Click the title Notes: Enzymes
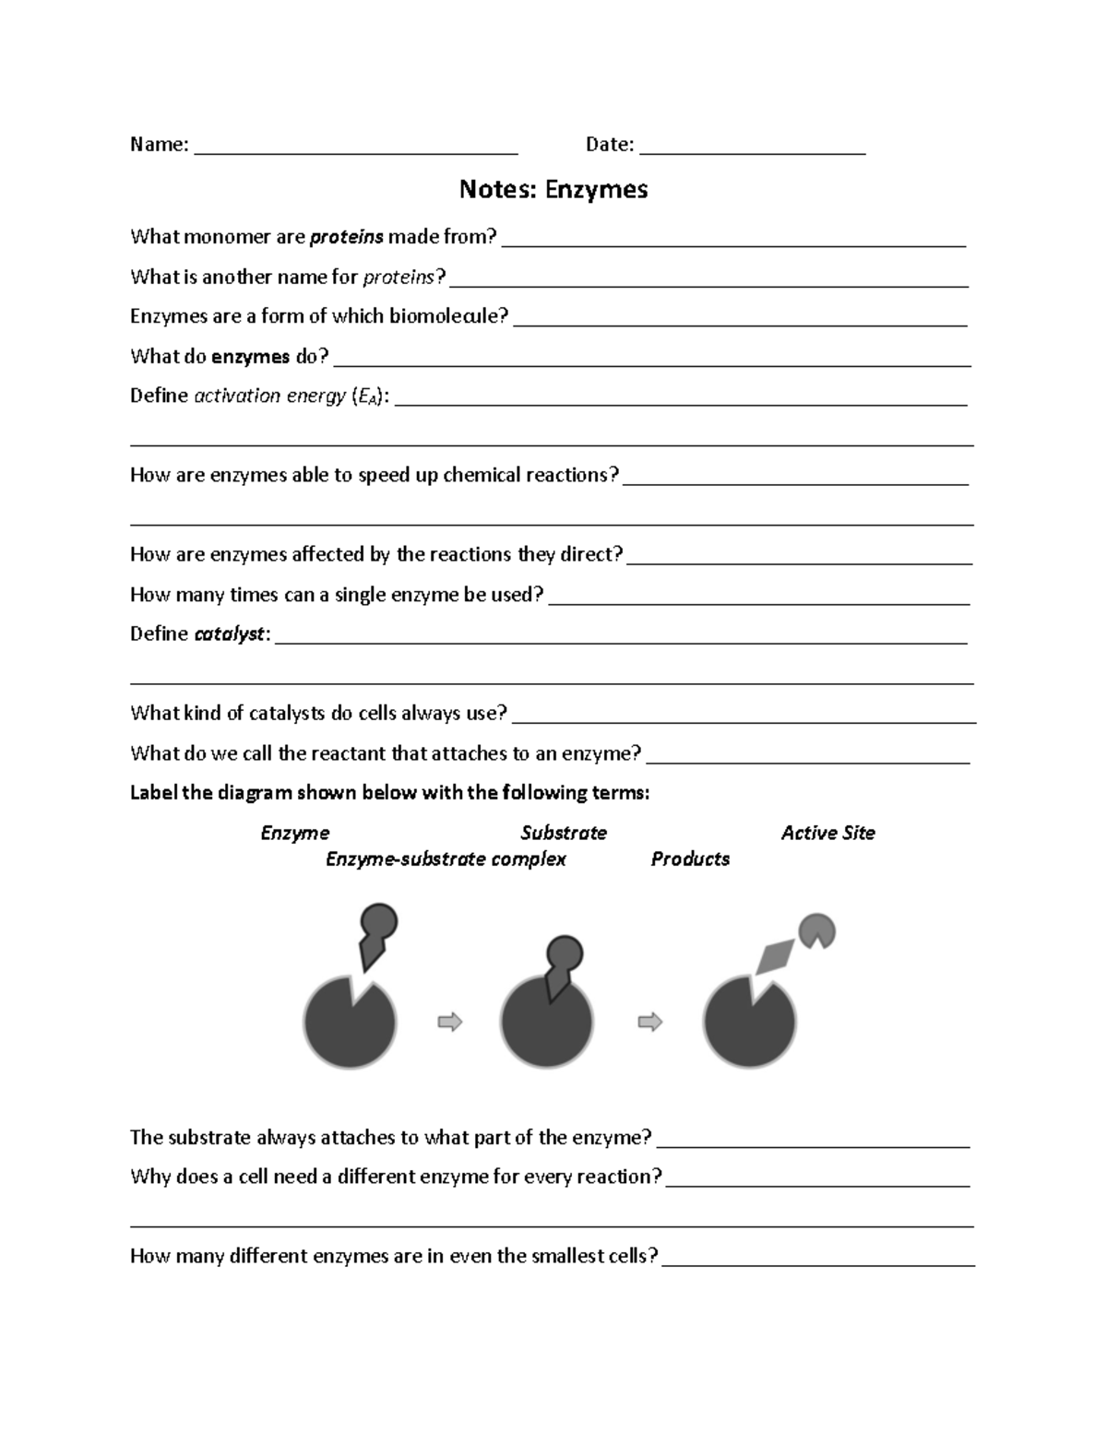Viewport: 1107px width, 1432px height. click(553, 189)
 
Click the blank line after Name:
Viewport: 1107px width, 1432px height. click(356, 148)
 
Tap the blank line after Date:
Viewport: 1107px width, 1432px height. click(752, 148)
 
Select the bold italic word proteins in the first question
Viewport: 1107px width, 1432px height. click(346, 237)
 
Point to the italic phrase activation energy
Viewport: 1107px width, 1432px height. click(269, 396)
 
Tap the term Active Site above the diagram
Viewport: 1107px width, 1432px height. click(827, 833)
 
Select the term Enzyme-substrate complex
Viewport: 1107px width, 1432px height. click(446, 859)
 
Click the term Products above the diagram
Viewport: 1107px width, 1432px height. click(690, 859)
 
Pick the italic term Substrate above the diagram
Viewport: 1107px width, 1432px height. click(563, 833)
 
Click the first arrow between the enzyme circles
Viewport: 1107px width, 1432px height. click(449, 1022)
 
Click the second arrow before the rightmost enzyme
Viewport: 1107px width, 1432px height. click(650, 1022)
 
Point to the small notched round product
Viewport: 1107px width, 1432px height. click(815, 929)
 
